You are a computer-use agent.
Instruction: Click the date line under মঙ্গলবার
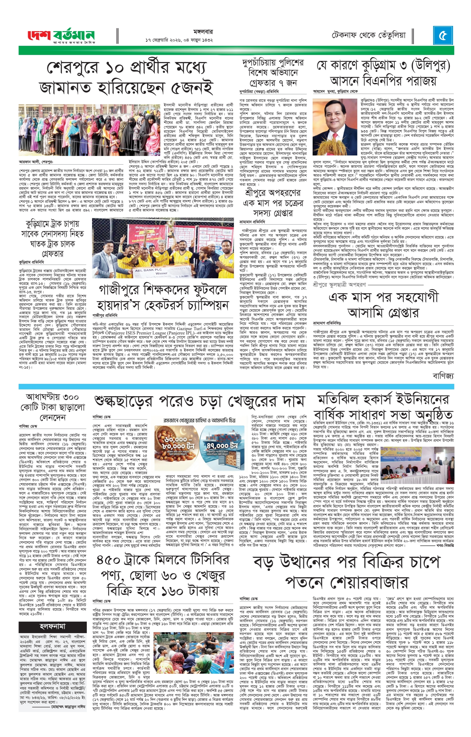(179, 40)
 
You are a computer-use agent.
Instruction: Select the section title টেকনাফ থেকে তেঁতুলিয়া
(369, 35)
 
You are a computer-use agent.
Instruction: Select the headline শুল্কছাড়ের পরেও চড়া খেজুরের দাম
(200, 401)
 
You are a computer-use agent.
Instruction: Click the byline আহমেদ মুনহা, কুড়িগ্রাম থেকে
(335, 91)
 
